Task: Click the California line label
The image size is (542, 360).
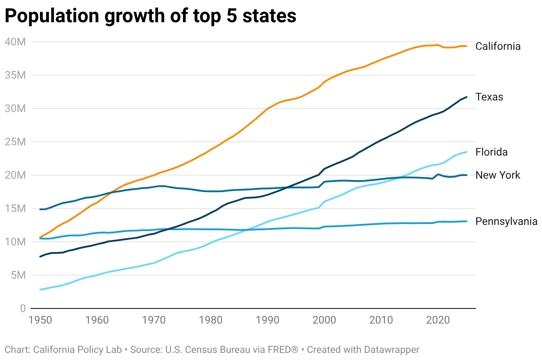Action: [x=498, y=46]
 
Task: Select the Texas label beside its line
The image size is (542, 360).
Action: [x=489, y=97]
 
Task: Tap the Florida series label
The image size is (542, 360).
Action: [x=491, y=152]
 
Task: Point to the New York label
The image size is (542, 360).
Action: [x=498, y=175]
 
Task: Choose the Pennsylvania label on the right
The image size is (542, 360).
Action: [x=506, y=221]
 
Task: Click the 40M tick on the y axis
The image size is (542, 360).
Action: [x=15, y=42]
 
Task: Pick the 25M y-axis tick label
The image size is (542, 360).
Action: [x=15, y=142]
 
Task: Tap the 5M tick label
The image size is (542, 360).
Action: [x=18, y=275]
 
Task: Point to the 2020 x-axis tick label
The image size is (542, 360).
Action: [x=438, y=320]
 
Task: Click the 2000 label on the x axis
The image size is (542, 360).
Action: [x=325, y=320]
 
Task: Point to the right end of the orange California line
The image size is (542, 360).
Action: [x=466, y=46]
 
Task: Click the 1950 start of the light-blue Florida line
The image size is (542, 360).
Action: [x=40, y=290]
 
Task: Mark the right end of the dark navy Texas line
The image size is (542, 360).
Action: [x=466, y=97]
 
